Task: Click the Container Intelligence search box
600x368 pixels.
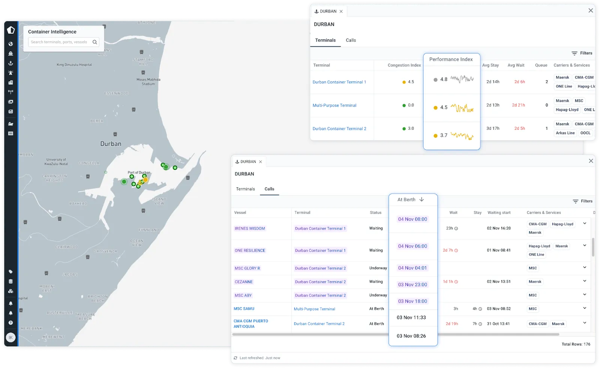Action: (60, 42)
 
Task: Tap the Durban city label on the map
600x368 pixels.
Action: (111, 144)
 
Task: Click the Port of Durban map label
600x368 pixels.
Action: (139, 173)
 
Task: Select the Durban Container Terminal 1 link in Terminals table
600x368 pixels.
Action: (339, 82)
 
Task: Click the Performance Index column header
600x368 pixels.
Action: (451, 59)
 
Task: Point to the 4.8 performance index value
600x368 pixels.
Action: (444, 79)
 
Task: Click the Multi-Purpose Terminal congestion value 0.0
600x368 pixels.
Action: (411, 105)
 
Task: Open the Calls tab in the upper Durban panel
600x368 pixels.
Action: (351, 40)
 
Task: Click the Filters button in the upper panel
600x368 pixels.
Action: (582, 53)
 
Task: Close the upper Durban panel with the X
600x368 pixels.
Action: (591, 10)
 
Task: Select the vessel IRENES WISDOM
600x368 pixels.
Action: (250, 229)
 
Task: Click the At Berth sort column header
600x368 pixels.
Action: (410, 200)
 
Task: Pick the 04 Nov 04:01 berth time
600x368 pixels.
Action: (412, 268)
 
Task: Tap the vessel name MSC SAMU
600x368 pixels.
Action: (244, 309)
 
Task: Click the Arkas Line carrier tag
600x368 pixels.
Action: (565, 133)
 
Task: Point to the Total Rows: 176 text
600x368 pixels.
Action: (576, 344)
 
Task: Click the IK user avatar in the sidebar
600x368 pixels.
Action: (10, 338)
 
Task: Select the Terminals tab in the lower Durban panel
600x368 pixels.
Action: (245, 189)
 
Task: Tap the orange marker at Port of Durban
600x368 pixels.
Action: (145, 180)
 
